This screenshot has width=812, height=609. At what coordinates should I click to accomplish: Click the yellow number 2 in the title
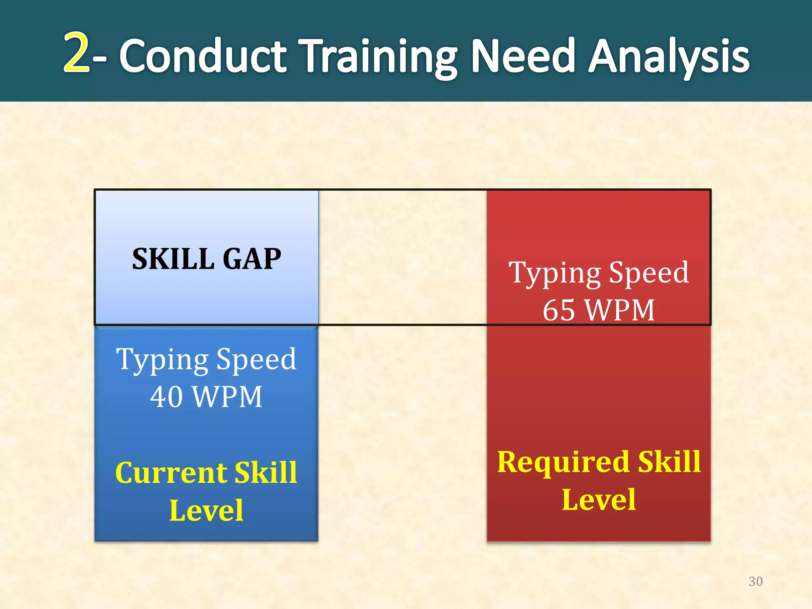pyautogui.click(x=77, y=52)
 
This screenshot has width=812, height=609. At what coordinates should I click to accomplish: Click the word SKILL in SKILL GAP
pyautogui.click(x=173, y=259)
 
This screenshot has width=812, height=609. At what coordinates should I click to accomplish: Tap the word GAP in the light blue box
pyautogui.click(x=252, y=259)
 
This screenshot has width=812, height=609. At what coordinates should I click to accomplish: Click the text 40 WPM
pyautogui.click(x=206, y=396)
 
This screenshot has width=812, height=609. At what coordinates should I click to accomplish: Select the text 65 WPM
pyautogui.click(x=598, y=310)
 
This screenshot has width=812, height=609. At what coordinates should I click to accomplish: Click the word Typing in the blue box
pyautogui.click(x=162, y=360)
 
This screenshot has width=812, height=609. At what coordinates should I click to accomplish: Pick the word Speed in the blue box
pyautogui.click(x=256, y=359)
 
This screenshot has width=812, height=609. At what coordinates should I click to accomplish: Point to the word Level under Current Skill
pyautogui.click(x=206, y=511)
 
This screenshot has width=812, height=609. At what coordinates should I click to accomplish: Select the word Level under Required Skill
pyautogui.click(x=599, y=500)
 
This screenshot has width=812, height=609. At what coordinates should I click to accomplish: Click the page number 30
pyautogui.click(x=755, y=581)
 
